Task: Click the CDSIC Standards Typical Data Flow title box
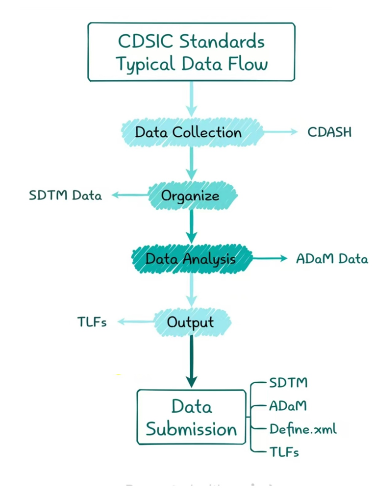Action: (191, 52)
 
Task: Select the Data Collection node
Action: (192, 132)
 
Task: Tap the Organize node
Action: (193, 196)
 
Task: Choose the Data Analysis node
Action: (192, 259)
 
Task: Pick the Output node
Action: (192, 322)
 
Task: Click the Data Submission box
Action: (191, 417)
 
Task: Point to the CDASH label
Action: (329, 132)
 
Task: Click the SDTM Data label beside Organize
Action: (65, 196)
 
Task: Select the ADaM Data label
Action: (332, 259)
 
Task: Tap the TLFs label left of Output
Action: (92, 321)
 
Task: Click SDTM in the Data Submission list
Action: (288, 382)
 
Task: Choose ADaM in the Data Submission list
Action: (287, 405)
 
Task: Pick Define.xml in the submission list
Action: (303, 429)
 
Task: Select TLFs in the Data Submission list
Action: (284, 452)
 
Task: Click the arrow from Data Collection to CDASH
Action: (280, 132)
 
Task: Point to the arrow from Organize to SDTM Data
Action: (130, 196)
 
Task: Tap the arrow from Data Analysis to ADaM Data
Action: (270, 258)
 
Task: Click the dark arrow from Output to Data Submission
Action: (192, 362)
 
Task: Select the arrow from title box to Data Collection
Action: (191, 99)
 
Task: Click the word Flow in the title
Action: (248, 63)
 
